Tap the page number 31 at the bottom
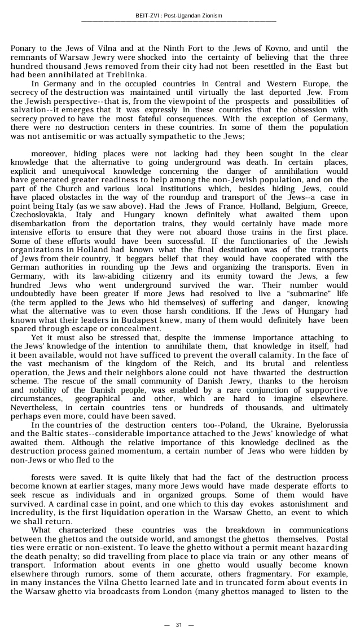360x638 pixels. [x=179, y=624]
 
